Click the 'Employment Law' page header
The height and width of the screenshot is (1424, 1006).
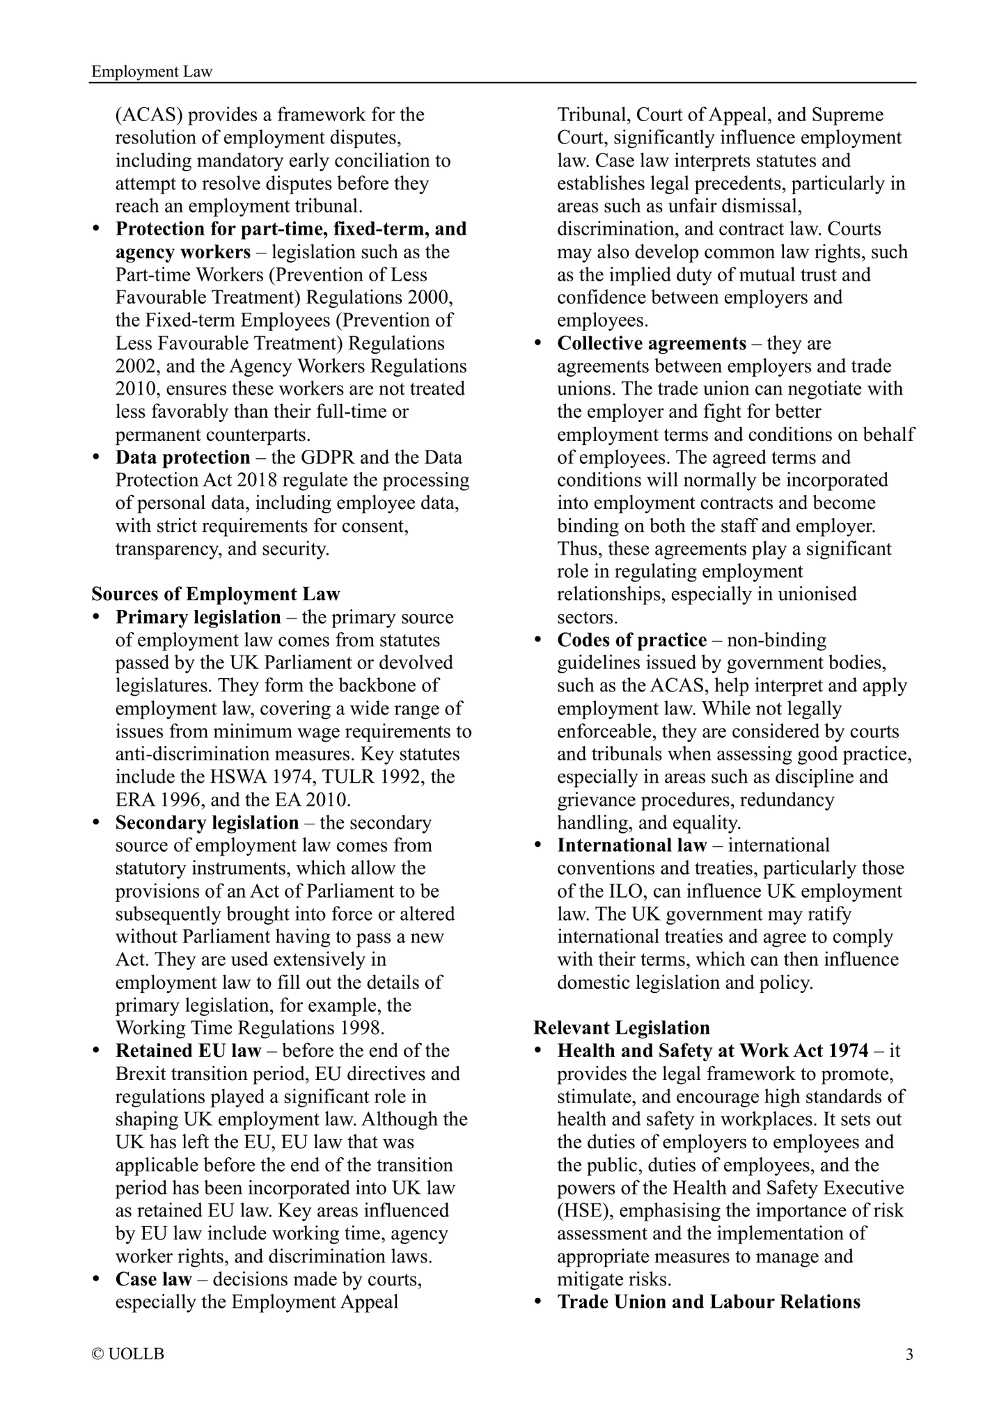coord(152,72)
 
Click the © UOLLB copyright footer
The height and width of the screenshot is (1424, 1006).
coord(128,1354)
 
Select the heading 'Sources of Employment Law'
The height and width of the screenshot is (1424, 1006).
coord(216,594)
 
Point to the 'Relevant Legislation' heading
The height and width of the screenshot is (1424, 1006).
coord(622,1028)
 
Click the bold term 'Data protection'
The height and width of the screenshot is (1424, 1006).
coord(182,457)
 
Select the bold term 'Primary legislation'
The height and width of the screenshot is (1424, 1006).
coord(198,617)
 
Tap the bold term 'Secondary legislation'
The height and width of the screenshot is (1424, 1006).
coord(207,822)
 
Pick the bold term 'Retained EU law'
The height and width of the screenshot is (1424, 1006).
coord(188,1051)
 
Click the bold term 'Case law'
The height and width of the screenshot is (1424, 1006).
coord(153,1279)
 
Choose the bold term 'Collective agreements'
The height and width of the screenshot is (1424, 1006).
coord(652,343)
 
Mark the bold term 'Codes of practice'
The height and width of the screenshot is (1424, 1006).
coord(631,640)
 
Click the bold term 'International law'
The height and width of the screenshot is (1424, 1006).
coord(631,845)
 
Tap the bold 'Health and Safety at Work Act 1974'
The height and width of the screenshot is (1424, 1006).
coord(713,1051)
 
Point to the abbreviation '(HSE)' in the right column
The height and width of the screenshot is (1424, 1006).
coord(585,1211)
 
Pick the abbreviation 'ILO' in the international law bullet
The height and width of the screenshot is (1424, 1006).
coord(613,891)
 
